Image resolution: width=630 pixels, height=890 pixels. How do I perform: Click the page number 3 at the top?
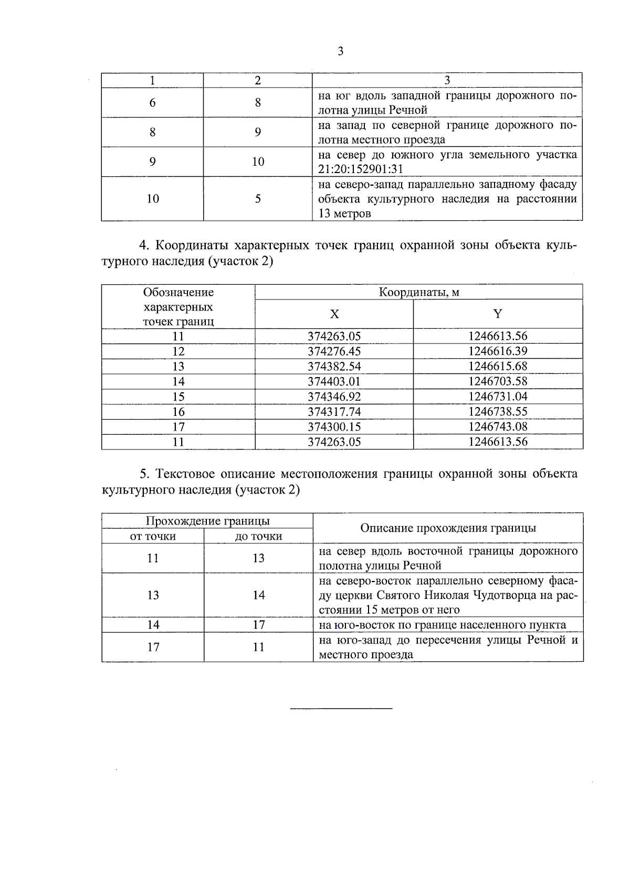click(x=340, y=51)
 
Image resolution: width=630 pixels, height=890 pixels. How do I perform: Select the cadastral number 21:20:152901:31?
click(x=361, y=169)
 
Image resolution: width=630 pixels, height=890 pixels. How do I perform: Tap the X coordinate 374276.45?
click(x=334, y=351)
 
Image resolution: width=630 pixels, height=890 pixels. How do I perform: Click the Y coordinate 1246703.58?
click(x=498, y=381)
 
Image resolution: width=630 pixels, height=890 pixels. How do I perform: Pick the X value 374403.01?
click(x=334, y=381)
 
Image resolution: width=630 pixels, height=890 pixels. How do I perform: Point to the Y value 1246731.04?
click(x=498, y=396)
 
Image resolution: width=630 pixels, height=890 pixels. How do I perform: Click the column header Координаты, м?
click(x=418, y=292)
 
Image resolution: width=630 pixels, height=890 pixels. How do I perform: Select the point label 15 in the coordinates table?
click(x=178, y=396)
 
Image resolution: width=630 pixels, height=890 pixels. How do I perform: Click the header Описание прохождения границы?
click(x=448, y=528)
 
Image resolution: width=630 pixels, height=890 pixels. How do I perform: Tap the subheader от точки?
click(x=153, y=537)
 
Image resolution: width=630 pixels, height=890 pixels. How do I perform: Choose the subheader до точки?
click(x=258, y=537)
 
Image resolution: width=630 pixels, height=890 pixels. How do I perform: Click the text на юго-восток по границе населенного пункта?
click(x=443, y=625)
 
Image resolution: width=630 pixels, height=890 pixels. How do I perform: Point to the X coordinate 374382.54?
click(x=334, y=367)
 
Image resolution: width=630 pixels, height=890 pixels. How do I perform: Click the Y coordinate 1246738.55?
click(x=498, y=412)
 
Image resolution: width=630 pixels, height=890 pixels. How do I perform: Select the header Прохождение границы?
click(x=207, y=521)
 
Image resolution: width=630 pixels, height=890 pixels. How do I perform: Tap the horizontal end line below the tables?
click(x=341, y=709)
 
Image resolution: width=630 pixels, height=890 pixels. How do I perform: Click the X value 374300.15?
click(x=334, y=427)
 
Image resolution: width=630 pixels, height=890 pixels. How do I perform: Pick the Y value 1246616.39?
click(x=498, y=351)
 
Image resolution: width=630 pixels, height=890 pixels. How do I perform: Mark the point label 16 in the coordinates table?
click(x=178, y=412)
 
